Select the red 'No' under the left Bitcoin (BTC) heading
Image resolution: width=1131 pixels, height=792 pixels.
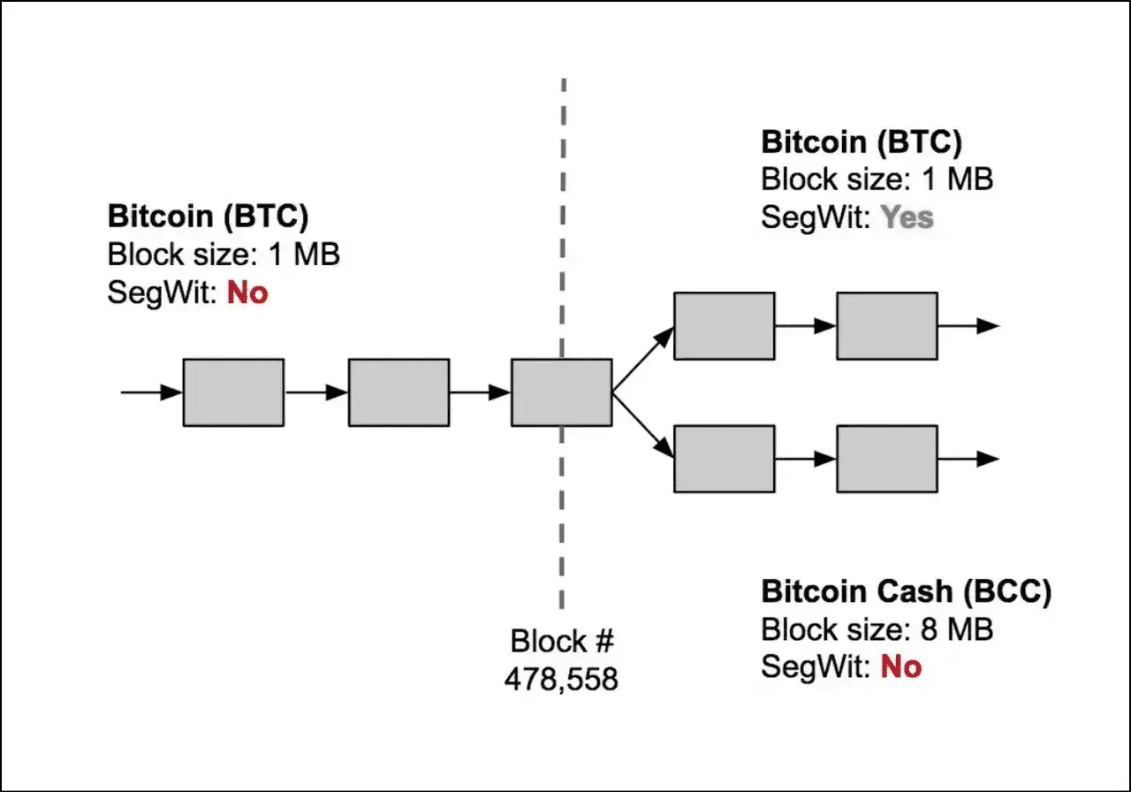247,293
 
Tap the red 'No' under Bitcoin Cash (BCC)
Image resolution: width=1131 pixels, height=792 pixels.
901,666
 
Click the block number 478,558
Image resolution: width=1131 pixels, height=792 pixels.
561,679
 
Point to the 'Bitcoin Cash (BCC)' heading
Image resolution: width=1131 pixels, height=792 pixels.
907,592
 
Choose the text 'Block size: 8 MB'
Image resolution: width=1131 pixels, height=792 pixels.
877,629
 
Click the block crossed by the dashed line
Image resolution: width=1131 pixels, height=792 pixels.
561,392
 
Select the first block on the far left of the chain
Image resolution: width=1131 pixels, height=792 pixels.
233,392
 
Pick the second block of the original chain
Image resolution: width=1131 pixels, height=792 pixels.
399,392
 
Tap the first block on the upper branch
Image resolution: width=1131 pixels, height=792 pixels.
724,326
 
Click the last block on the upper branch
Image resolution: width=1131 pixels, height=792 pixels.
887,326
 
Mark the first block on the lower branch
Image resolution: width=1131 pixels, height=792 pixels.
724,459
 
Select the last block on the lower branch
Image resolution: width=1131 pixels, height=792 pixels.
887,459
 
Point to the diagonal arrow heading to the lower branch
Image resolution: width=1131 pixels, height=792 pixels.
643,426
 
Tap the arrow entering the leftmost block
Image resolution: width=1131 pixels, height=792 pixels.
151,392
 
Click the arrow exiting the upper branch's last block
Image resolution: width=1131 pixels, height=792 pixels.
968,326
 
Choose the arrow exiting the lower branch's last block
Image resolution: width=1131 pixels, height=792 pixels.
968,459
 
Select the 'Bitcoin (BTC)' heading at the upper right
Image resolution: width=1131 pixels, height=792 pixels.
862,142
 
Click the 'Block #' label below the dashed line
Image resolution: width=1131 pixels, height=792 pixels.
561,641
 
